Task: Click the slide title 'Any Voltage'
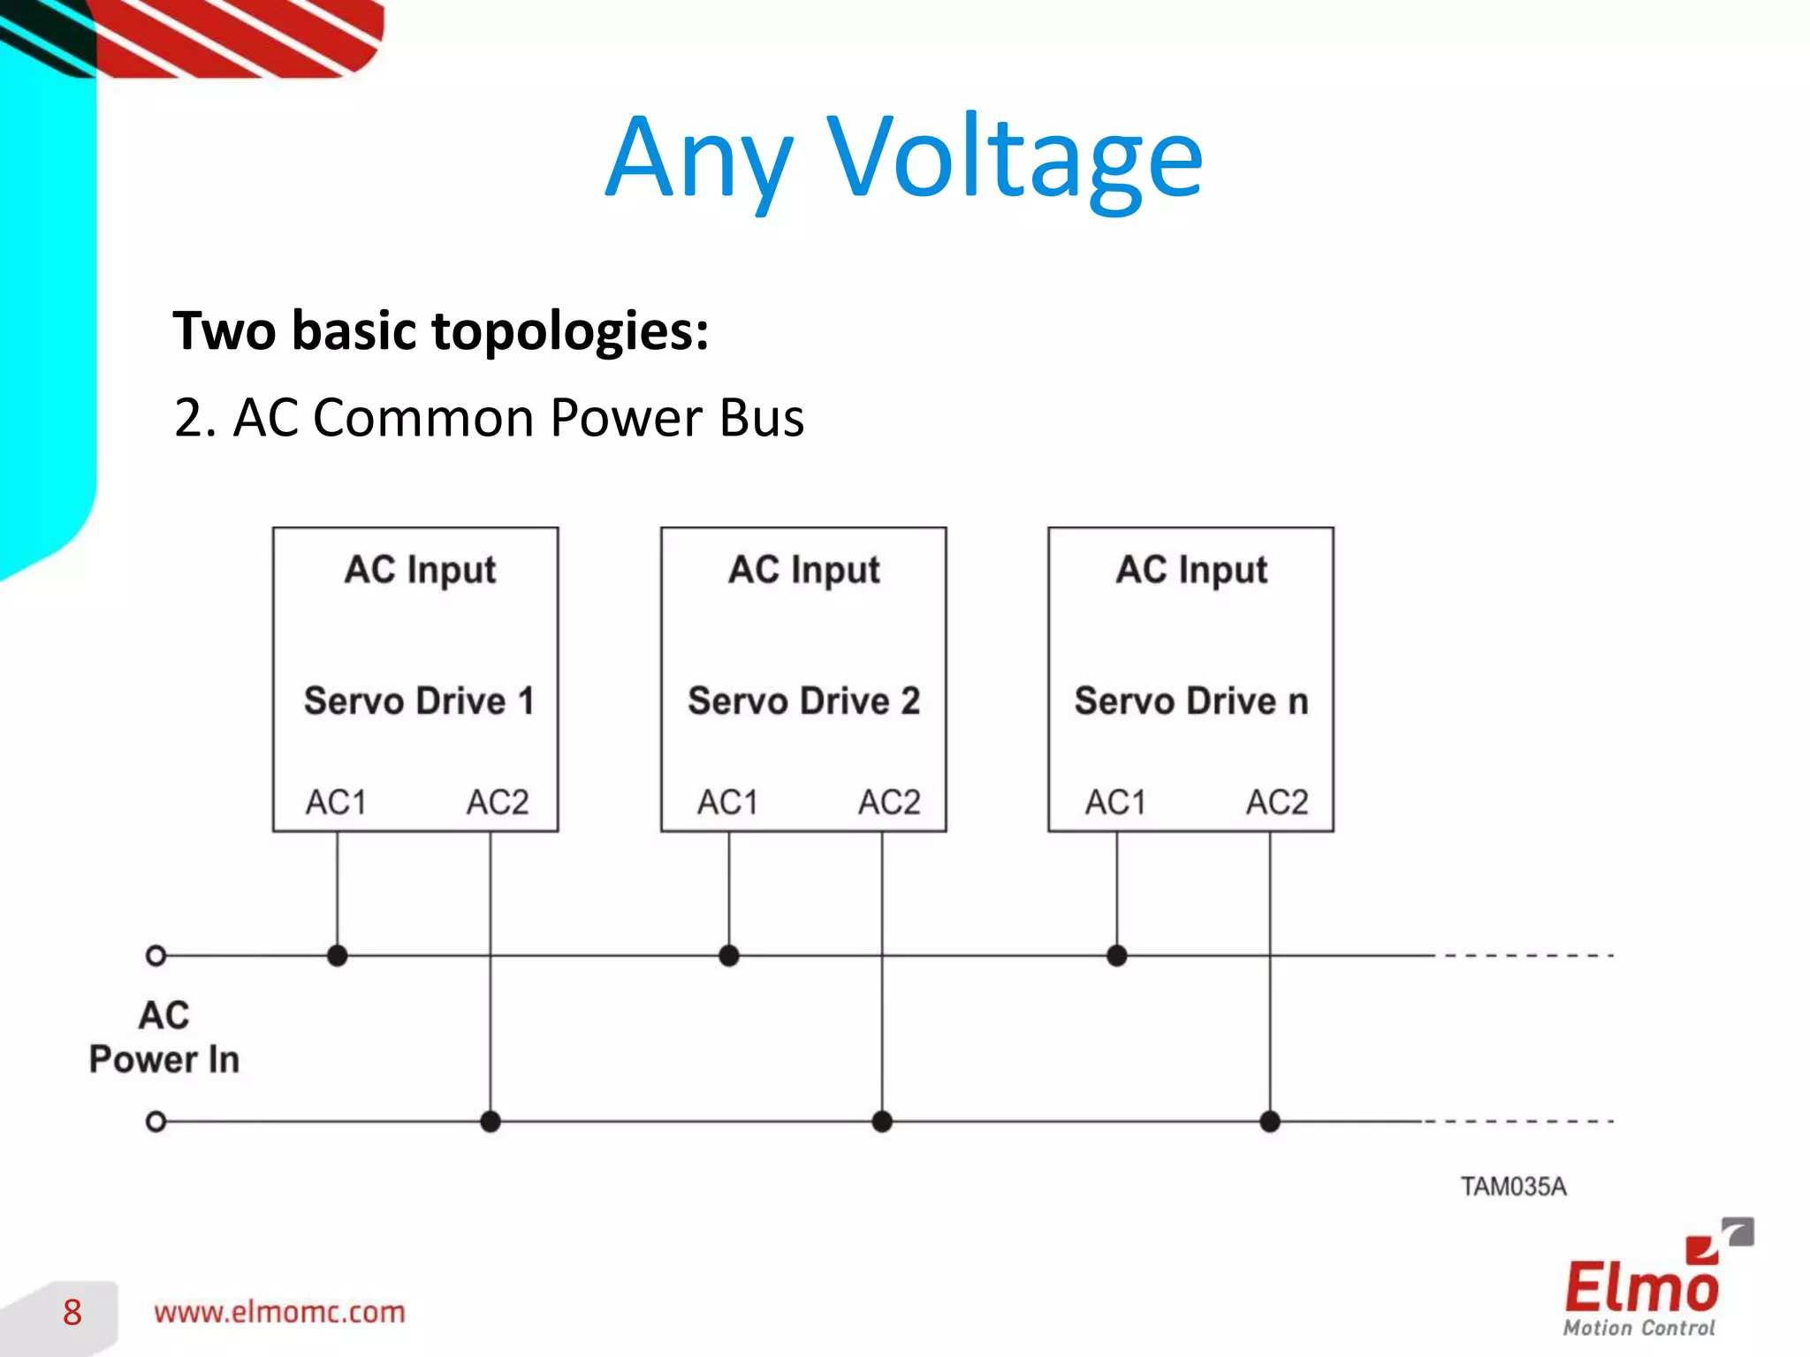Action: (x=903, y=159)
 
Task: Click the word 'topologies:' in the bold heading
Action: (x=570, y=330)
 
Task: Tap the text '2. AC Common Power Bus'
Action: (x=489, y=417)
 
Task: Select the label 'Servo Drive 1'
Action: (x=419, y=701)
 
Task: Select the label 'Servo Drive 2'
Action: (x=803, y=701)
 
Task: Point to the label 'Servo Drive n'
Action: (x=1190, y=701)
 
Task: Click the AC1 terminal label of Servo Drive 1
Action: (x=336, y=802)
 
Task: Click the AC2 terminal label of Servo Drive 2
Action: (x=889, y=802)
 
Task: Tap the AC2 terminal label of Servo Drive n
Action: (x=1276, y=802)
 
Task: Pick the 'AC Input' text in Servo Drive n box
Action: (x=1190, y=570)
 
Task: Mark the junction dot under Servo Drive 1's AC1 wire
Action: (x=337, y=955)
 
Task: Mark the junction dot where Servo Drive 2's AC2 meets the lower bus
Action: (x=882, y=1121)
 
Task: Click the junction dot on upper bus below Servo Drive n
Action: (x=1116, y=955)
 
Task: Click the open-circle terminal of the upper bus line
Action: (x=156, y=955)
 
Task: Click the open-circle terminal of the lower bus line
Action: (x=156, y=1121)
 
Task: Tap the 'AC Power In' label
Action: (x=164, y=1037)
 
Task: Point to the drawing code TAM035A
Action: (x=1513, y=1186)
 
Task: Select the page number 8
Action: (x=72, y=1313)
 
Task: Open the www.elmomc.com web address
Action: (x=279, y=1312)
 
